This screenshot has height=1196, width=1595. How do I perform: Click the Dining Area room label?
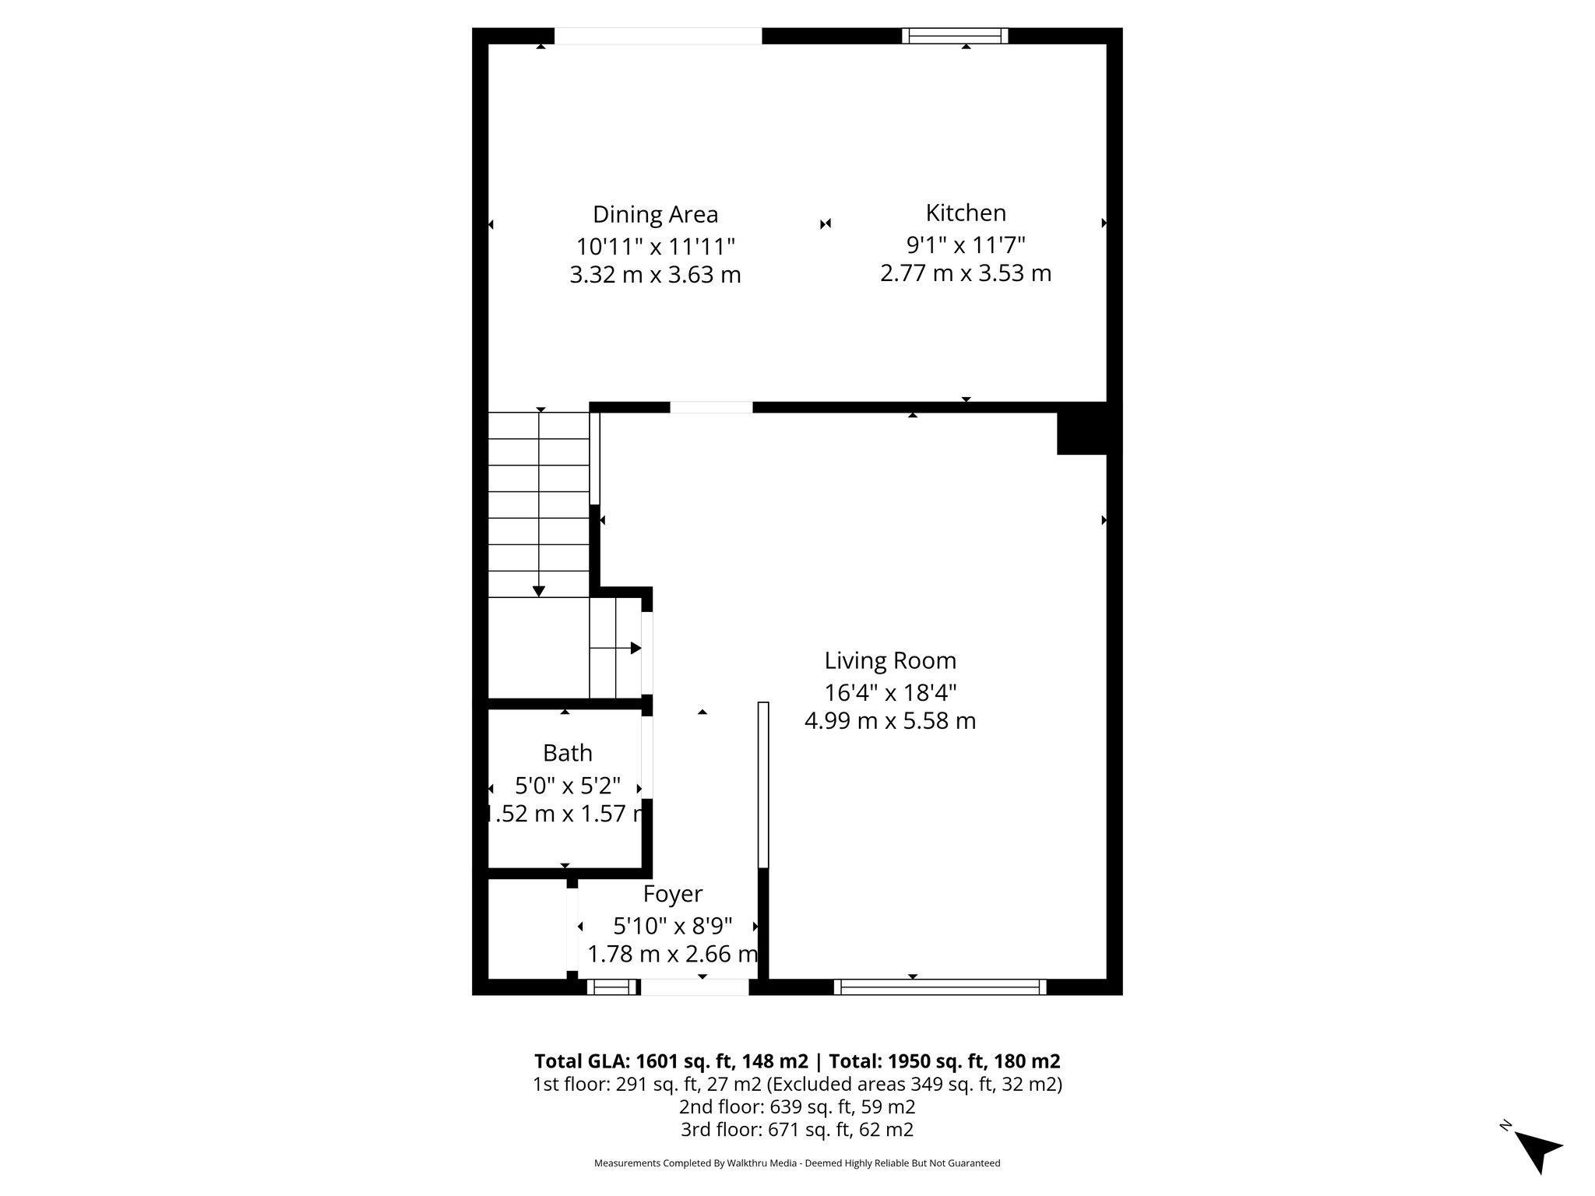(x=655, y=214)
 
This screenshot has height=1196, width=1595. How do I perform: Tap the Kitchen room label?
(x=966, y=213)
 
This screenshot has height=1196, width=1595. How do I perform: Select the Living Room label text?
(x=890, y=660)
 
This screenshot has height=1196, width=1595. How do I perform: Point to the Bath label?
(x=567, y=753)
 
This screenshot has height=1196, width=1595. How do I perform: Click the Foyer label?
(x=673, y=893)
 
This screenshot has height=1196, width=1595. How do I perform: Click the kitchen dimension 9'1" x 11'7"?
(x=966, y=244)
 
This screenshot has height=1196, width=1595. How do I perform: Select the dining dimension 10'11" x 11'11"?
(x=655, y=246)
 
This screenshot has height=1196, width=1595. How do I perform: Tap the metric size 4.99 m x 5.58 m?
(x=890, y=721)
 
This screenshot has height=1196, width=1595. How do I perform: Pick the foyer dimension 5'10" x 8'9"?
(x=673, y=926)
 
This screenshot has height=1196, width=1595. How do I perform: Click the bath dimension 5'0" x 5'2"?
(x=567, y=784)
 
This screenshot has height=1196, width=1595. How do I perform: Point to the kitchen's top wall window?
(x=955, y=36)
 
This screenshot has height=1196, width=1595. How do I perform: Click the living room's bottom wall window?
(x=940, y=987)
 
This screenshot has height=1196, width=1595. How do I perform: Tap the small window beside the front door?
(x=612, y=987)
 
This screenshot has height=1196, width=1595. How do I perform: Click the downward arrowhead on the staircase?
(x=539, y=592)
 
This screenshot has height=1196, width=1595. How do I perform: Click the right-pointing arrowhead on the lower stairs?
(x=636, y=648)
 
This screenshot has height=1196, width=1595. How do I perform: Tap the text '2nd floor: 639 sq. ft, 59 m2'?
(x=797, y=1106)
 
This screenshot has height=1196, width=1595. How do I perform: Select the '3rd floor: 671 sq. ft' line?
(x=797, y=1129)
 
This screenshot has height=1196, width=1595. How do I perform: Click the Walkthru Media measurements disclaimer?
(x=797, y=1163)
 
